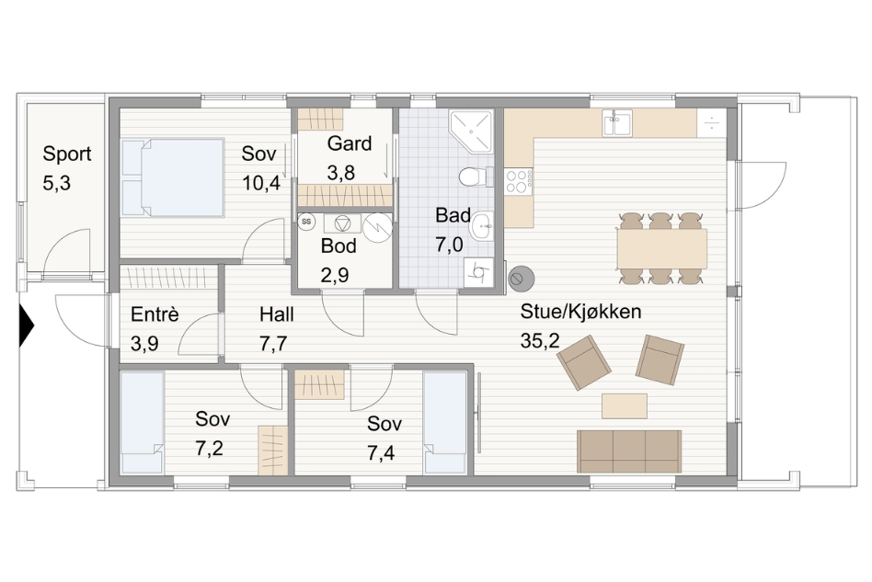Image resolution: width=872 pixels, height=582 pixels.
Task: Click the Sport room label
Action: pyautogui.click(x=67, y=154)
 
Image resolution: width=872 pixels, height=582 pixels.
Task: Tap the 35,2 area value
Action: pyautogui.click(x=540, y=341)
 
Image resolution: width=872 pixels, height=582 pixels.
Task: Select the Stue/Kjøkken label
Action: pyautogui.click(x=580, y=312)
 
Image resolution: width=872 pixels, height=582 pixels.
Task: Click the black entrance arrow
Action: pyautogui.click(x=27, y=325)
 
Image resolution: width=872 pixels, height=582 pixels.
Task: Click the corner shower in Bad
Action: pyautogui.click(x=471, y=131)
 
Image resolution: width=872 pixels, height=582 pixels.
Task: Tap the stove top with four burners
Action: pyautogui.click(x=519, y=180)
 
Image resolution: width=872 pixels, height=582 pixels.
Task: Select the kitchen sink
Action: pyautogui.click(x=616, y=122)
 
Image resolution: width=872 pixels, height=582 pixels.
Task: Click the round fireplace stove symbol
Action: pyautogui.click(x=522, y=278)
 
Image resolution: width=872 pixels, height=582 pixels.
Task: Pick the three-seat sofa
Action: pyautogui.click(x=629, y=451)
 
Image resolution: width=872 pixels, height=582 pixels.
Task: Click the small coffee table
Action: pyautogui.click(x=625, y=405)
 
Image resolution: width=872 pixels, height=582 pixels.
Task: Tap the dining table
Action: pyautogui.click(x=661, y=248)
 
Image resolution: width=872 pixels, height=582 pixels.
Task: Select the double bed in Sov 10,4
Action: pyautogui.click(x=173, y=177)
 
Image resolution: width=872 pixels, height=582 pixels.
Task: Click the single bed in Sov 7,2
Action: pyautogui.click(x=143, y=422)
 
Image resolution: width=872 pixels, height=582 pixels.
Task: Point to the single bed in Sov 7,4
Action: pyautogui.click(x=445, y=422)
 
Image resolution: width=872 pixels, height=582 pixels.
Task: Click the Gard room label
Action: pyautogui.click(x=350, y=143)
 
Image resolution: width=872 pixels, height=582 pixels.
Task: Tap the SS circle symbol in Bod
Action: pyautogui.click(x=306, y=222)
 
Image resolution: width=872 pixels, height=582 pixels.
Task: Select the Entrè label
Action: pyautogui.click(x=155, y=314)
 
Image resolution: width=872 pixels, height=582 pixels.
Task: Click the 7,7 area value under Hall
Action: pyautogui.click(x=273, y=344)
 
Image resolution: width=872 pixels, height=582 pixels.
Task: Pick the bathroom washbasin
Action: pyautogui.click(x=482, y=226)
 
